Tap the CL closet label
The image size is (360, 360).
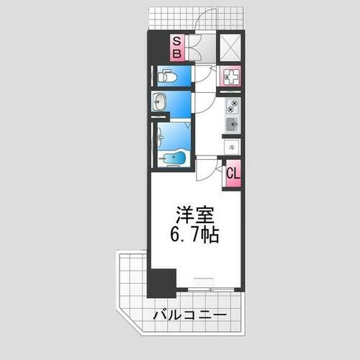click(232, 174)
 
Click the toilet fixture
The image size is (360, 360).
click(166, 76)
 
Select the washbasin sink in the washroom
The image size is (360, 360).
click(160, 103)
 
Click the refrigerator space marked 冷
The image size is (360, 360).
click(231, 147)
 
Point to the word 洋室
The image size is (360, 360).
click(196, 216)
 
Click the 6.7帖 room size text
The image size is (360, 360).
click(196, 234)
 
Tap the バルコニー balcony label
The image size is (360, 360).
click(190, 316)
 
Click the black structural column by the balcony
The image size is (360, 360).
click(161, 282)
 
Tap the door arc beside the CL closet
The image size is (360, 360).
click(207, 170)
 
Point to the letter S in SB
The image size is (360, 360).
click(176, 42)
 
